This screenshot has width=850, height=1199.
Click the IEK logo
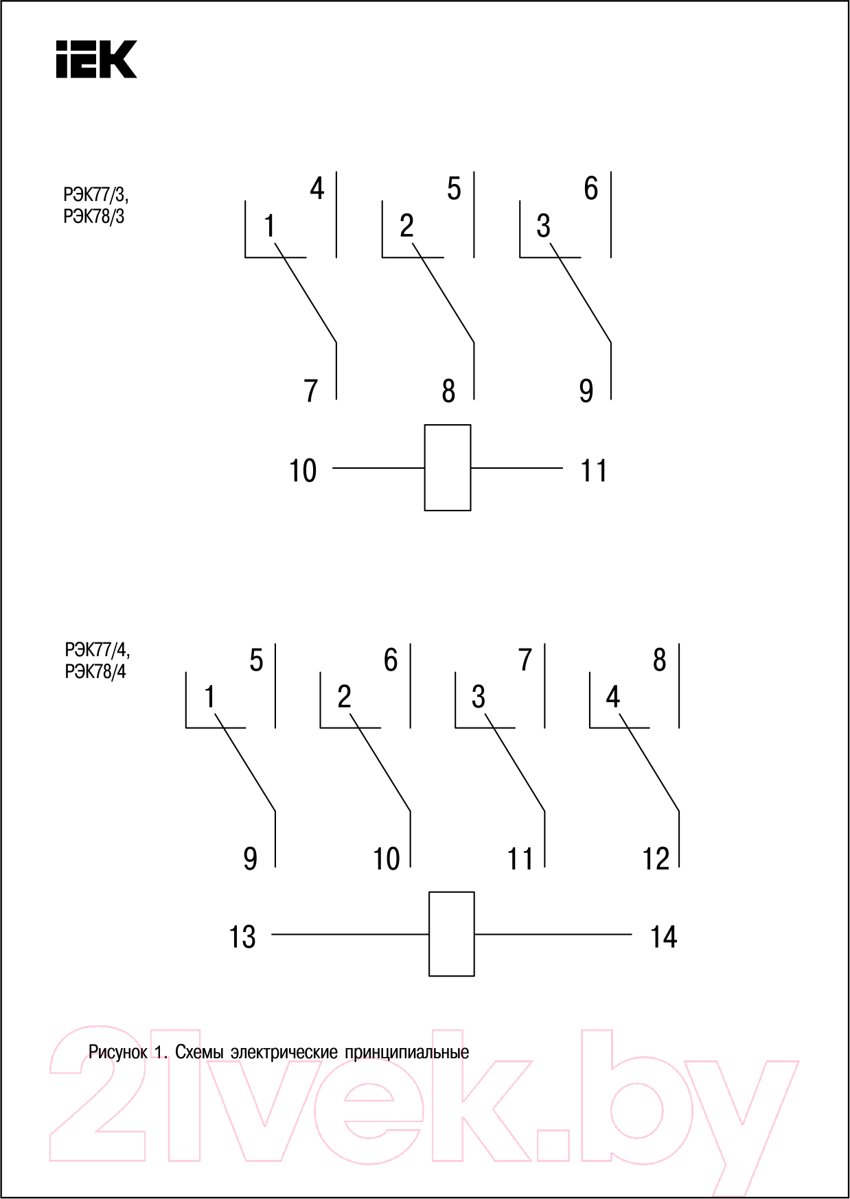tap(96, 59)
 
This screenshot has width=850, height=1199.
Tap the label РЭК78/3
tap(94, 217)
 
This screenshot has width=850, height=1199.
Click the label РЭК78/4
tap(95, 671)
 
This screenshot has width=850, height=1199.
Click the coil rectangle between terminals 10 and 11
tap(448, 467)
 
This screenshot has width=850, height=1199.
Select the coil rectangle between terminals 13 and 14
tap(452, 933)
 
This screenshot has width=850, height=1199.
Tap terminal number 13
tap(242, 937)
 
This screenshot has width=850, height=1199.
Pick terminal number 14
tap(664, 937)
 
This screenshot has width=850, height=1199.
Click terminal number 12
tap(656, 859)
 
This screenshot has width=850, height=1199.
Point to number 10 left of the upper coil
tap(303, 471)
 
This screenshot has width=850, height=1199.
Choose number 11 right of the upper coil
tap(594, 471)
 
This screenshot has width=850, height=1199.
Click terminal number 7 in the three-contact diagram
tap(311, 391)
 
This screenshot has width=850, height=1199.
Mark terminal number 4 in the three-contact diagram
tap(317, 188)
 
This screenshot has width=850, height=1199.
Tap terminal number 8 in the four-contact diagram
tap(659, 660)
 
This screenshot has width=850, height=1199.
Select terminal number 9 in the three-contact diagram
tap(586, 391)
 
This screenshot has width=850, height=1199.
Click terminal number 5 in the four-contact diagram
tap(256, 660)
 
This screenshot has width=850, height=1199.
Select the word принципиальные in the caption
tap(407, 1052)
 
